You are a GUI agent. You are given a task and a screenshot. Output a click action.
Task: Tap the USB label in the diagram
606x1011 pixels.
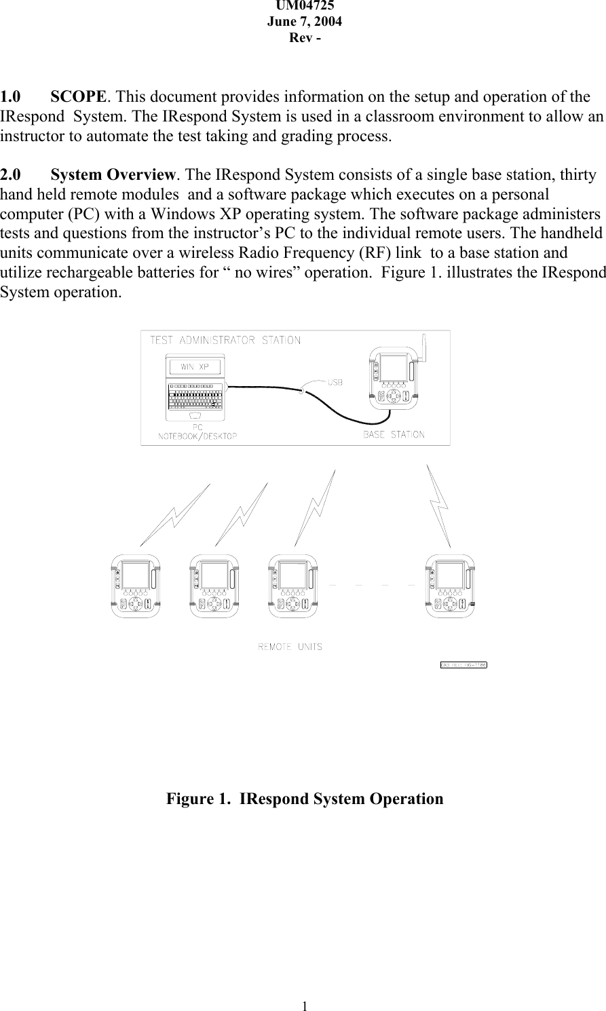coord(335,382)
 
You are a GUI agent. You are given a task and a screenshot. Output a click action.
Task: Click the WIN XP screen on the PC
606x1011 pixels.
coord(195,367)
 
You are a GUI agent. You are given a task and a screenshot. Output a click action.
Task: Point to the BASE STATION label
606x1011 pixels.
coord(394,434)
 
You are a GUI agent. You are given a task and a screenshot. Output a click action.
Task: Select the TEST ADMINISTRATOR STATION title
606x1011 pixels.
coord(225,341)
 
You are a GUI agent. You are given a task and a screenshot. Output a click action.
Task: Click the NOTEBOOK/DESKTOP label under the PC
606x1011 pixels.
coord(197,436)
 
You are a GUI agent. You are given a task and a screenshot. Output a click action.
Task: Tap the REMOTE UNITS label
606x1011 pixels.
coord(290,647)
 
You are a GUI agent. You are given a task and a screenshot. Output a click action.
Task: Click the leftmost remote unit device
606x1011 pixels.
coord(136,586)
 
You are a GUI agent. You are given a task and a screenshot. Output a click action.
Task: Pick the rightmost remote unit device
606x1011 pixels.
coord(450,586)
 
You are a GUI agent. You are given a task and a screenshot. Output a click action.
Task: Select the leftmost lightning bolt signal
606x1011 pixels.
coord(176,514)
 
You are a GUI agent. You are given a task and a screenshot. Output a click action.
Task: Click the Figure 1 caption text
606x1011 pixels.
coord(305,799)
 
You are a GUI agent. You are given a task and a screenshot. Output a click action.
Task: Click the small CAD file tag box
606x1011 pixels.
coord(464,665)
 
